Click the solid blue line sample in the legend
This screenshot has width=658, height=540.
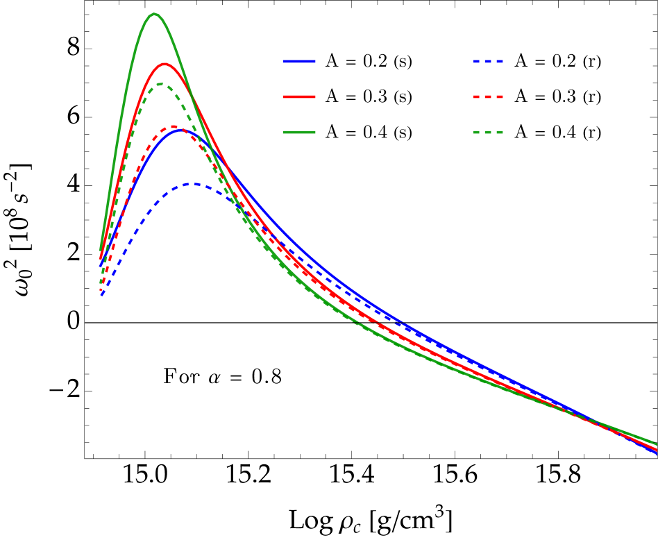point(299,62)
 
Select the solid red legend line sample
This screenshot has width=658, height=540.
point(299,96)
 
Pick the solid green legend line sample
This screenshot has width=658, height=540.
point(299,132)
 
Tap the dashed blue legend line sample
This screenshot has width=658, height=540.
point(489,62)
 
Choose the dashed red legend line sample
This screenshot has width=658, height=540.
point(489,96)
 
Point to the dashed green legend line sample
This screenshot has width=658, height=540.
point(489,132)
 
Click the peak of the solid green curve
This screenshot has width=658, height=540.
point(154,14)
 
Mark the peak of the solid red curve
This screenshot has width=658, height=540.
point(164,64)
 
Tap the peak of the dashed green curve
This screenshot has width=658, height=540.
point(161,84)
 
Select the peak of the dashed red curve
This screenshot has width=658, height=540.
point(173,126)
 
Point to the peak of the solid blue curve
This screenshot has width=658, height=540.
point(180,129)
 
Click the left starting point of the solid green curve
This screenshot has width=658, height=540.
point(101,250)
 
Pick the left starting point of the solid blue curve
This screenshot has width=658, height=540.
point(101,265)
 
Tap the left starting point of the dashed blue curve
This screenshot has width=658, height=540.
point(102,296)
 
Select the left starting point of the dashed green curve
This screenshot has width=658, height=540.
point(101,283)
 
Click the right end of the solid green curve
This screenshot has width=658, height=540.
point(656,444)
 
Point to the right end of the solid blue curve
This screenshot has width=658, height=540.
point(656,453)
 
